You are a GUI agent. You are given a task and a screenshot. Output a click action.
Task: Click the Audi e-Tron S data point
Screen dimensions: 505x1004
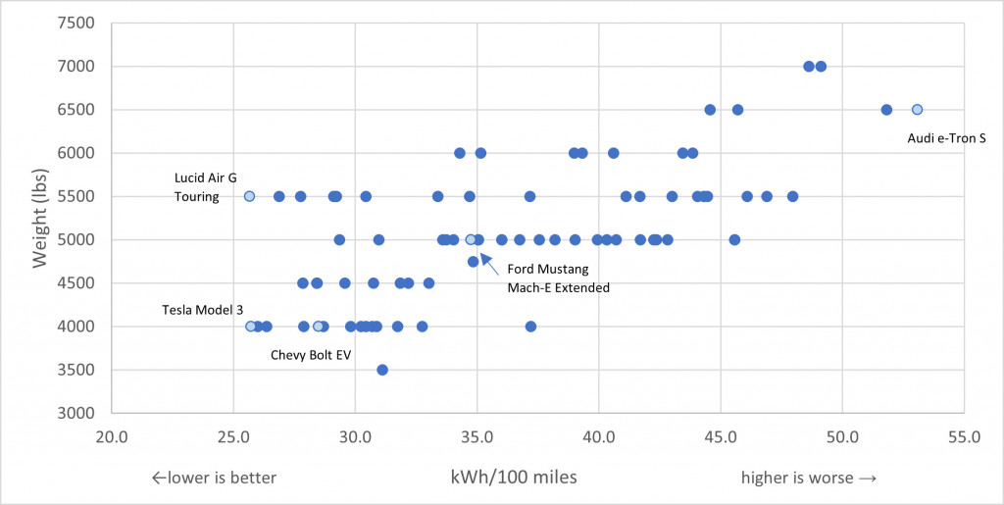pyautogui.click(x=917, y=110)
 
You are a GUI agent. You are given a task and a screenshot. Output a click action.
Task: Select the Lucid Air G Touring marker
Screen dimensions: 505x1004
pyautogui.click(x=249, y=196)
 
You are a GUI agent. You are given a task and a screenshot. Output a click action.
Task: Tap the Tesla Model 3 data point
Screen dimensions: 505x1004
pyautogui.click(x=250, y=327)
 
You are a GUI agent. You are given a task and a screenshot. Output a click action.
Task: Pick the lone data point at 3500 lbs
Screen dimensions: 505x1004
pyautogui.click(x=382, y=370)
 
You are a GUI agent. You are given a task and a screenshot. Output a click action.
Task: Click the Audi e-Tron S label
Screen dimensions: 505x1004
pyautogui.click(x=946, y=138)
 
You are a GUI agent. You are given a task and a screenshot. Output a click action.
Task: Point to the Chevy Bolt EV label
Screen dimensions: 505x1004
pyautogui.click(x=310, y=354)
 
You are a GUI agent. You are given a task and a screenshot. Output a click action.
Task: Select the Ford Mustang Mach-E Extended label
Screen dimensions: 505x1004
pyautogui.click(x=558, y=279)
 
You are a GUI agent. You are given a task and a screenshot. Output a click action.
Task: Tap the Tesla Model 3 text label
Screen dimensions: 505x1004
pyautogui.click(x=203, y=310)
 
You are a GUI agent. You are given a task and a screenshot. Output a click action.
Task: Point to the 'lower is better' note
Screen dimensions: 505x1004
pyautogui.click(x=214, y=478)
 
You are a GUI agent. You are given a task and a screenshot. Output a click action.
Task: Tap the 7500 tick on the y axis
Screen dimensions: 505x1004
pyautogui.click(x=76, y=23)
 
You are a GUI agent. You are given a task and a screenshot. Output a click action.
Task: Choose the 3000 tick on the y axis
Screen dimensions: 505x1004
pyautogui.click(x=76, y=413)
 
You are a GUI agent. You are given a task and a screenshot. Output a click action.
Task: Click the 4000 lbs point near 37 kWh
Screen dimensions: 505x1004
pyautogui.click(x=530, y=327)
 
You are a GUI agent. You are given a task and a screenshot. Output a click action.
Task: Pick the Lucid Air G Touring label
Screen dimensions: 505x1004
pyautogui.click(x=205, y=187)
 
